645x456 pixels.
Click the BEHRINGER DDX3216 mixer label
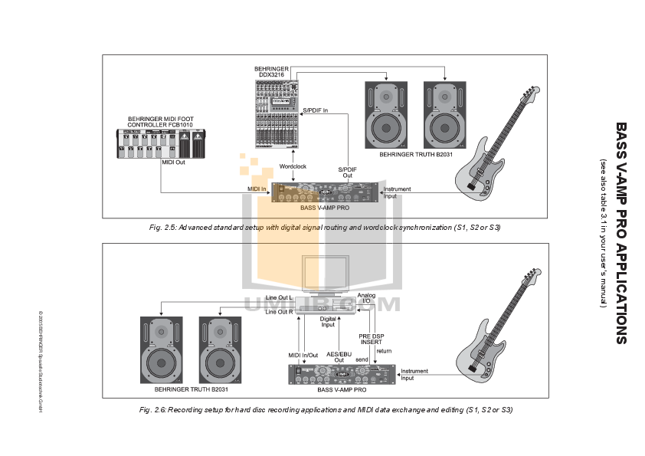pyautogui.click(x=272, y=71)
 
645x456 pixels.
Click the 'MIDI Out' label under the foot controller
pyautogui.click(x=172, y=162)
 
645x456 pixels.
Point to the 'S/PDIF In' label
pyautogui.click(x=316, y=110)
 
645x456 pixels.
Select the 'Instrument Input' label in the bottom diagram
pyautogui.click(x=414, y=374)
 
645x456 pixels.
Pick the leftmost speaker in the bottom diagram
pyautogui.click(x=162, y=349)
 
